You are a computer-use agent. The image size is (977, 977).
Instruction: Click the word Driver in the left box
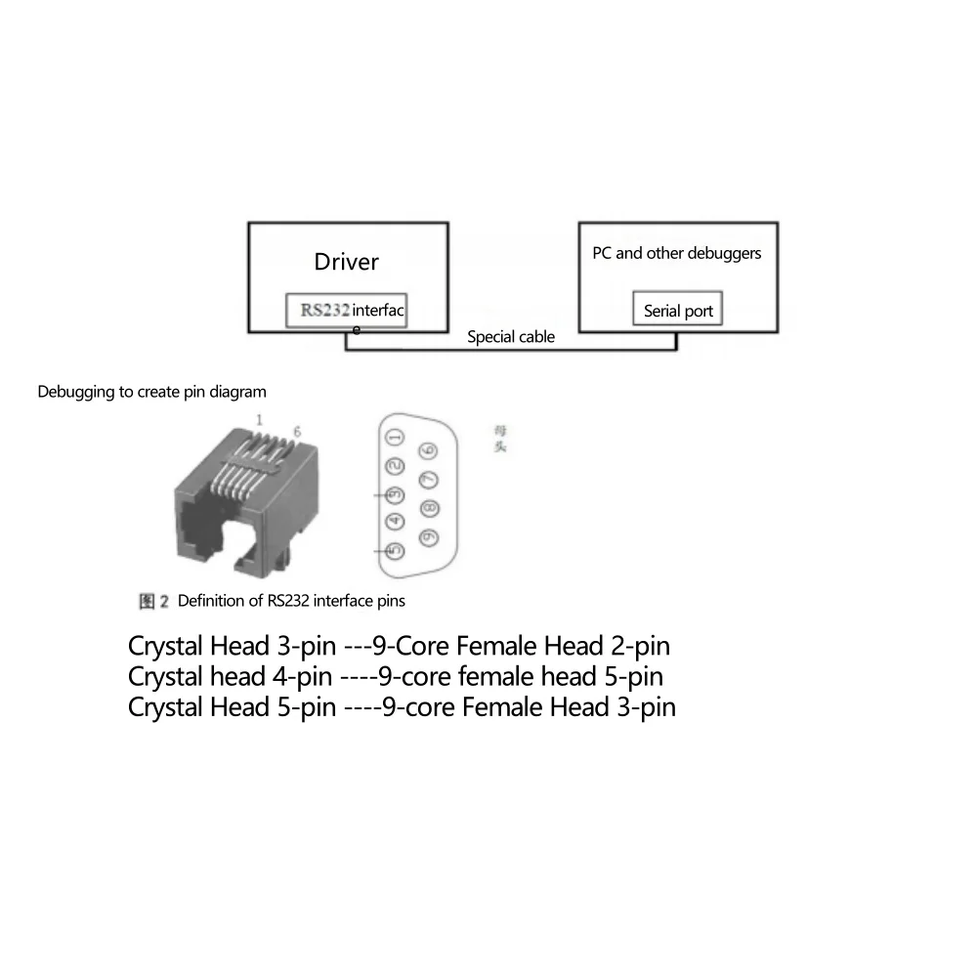click(346, 262)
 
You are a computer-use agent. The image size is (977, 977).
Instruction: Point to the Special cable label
click(510, 337)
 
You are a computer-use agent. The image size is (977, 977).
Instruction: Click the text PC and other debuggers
click(676, 253)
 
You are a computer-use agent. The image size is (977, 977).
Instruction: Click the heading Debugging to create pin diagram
click(151, 392)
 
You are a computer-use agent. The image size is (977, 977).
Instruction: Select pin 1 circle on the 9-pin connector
click(395, 438)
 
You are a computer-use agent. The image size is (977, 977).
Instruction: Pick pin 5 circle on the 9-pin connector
click(395, 551)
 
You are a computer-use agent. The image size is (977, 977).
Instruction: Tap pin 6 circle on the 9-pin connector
click(428, 450)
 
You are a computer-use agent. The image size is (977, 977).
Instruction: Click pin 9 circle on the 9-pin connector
click(428, 536)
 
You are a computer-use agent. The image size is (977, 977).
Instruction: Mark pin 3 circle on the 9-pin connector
click(395, 495)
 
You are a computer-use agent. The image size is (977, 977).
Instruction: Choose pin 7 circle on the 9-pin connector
click(428, 480)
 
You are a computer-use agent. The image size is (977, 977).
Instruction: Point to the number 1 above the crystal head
click(259, 419)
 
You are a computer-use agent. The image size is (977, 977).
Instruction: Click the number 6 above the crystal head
click(297, 431)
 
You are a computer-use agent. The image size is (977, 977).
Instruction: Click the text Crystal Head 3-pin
click(233, 647)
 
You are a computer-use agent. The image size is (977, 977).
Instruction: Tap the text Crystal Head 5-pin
click(233, 706)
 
